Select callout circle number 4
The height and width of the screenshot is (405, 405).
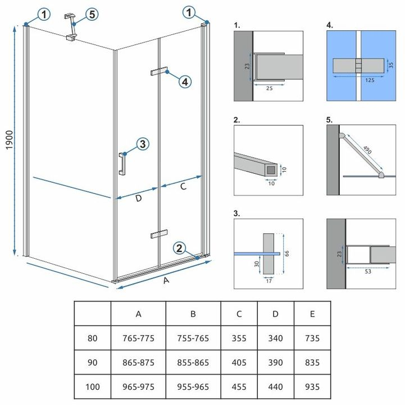click(x=184, y=82)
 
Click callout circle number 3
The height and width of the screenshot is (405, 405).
click(x=142, y=145)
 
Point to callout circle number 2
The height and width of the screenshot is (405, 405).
click(x=179, y=247)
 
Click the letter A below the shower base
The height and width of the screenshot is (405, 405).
click(x=166, y=283)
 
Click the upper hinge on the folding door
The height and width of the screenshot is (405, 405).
click(x=159, y=71)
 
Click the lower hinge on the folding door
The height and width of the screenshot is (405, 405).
click(x=159, y=233)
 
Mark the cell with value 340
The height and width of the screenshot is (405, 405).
click(x=275, y=339)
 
